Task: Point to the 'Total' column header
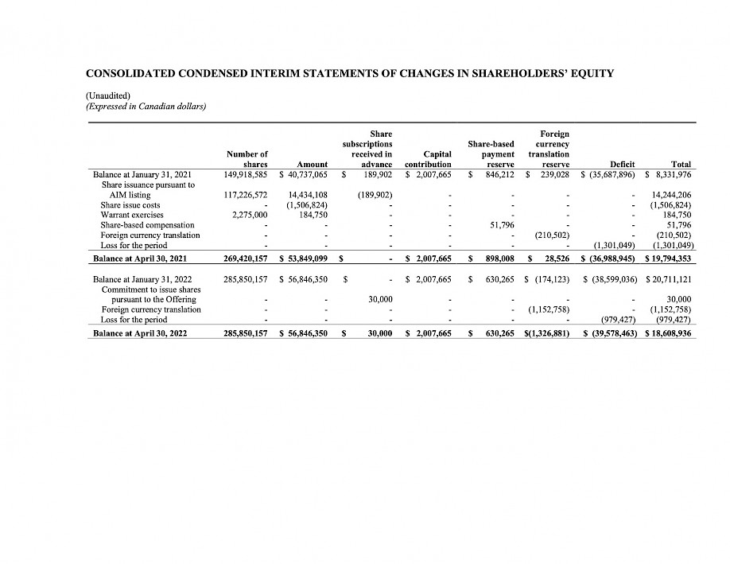[x=681, y=165]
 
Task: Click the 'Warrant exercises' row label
[x=132, y=215]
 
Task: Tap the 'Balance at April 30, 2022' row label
[x=140, y=333]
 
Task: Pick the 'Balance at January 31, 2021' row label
[x=144, y=174]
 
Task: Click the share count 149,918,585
[x=247, y=174]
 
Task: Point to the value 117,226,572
[x=247, y=195]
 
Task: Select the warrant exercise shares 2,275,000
[x=250, y=215]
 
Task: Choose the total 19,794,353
[x=668, y=259]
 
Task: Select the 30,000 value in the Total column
[x=679, y=299]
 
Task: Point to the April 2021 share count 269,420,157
[x=247, y=259]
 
